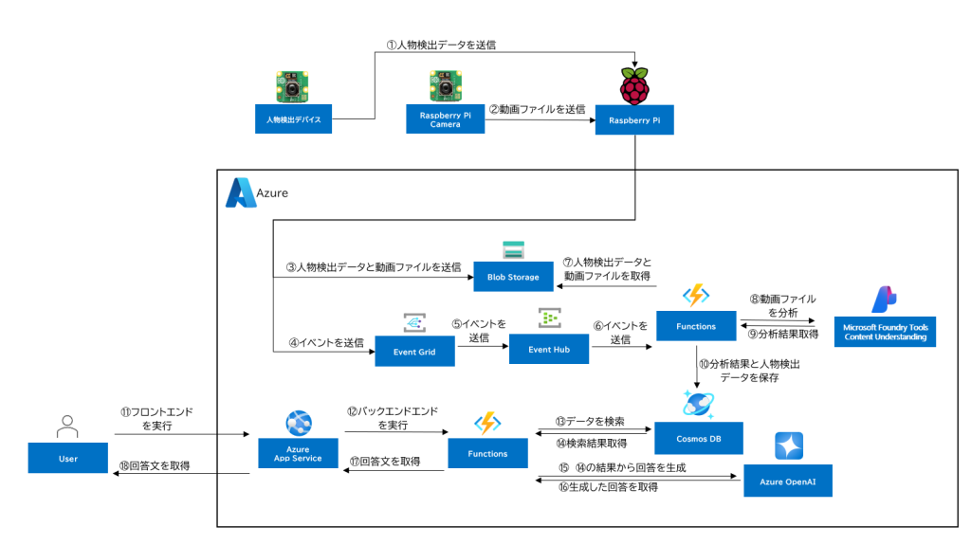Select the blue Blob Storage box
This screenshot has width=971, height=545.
coord(513,277)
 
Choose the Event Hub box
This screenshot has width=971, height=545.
coord(548,350)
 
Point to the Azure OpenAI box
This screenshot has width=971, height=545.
coord(787,481)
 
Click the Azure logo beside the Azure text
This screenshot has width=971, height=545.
coord(239,192)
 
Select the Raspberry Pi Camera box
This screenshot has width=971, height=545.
coord(445,120)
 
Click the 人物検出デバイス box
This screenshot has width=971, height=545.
coord(293,120)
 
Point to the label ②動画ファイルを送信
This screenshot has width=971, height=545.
coord(538,109)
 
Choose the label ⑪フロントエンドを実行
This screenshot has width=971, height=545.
coord(155,420)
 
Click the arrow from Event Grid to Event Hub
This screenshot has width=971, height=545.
coord(482,350)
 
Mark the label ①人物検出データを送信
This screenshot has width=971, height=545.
coord(440,45)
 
